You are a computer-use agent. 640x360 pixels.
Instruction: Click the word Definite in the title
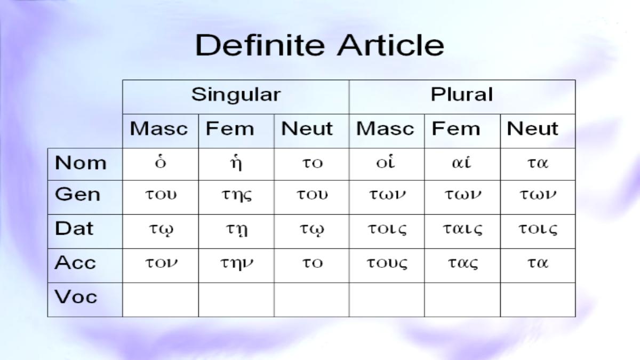pos(260,45)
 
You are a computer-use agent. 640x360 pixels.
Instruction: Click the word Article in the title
pos(390,45)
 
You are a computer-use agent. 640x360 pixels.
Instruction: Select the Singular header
pos(236,95)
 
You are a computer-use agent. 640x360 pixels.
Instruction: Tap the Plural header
pos(462,94)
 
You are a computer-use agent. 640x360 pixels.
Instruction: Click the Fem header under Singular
pos(230,129)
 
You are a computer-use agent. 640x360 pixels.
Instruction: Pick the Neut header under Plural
pos(532,129)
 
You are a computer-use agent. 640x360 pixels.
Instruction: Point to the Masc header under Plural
pos(385,129)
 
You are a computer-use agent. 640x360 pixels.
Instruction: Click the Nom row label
pos(81,163)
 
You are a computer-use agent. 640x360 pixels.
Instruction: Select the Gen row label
pos(77,194)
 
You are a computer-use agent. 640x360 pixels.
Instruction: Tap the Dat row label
pos(74,228)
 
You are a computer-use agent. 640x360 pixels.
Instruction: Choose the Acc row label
pos(75,262)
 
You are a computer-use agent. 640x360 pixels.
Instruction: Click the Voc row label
pos(76,297)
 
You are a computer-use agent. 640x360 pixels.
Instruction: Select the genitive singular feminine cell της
pos(237,195)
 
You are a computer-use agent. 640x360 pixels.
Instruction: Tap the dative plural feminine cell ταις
pos(462,229)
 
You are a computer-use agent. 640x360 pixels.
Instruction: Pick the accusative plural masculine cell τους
pos(387,263)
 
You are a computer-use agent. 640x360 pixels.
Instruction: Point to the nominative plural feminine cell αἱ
pos(461,162)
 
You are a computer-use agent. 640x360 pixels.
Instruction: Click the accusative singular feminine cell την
pos(237,263)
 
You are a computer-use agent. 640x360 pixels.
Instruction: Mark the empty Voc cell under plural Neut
pos(538,300)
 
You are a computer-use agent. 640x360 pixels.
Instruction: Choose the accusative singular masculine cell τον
pos(161,262)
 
